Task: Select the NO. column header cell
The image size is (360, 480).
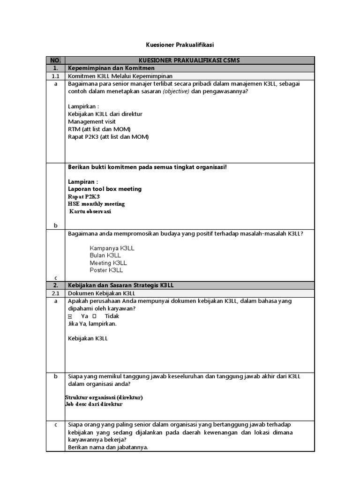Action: tap(55, 60)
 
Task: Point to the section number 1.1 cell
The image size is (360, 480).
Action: tap(55, 75)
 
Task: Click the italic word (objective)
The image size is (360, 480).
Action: tap(176, 91)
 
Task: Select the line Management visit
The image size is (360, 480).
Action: tap(91, 121)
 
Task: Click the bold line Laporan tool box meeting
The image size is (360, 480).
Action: tap(105, 189)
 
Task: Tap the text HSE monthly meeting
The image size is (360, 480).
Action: tap(96, 204)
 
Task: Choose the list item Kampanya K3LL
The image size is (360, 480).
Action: tap(112, 248)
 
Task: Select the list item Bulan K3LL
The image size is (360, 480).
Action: tap(105, 255)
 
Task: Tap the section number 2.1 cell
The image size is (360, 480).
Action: tap(55, 293)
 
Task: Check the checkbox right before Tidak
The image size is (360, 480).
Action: tap(94, 316)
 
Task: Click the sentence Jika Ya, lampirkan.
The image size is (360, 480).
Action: tap(92, 323)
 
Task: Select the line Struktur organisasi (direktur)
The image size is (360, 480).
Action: tap(104, 397)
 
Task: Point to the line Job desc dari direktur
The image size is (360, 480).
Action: tap(94, 404)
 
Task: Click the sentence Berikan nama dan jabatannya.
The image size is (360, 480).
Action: tap(108, 447)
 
